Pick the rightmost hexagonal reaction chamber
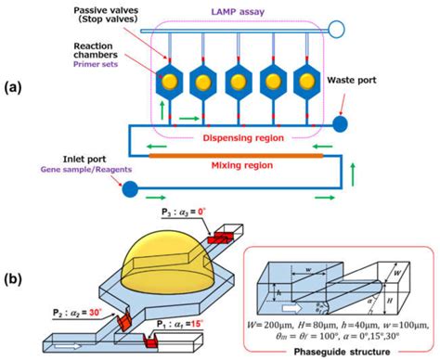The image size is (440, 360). tap(310, 82)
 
